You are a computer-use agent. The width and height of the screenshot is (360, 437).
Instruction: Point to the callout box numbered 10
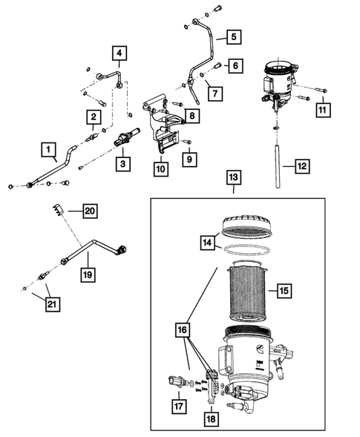pos(161,169)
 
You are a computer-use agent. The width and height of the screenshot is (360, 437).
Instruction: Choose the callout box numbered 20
pos(90,211)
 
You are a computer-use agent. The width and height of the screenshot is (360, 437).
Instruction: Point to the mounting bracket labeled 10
pos(161,126)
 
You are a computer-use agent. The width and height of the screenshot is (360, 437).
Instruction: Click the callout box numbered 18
pos(212,419)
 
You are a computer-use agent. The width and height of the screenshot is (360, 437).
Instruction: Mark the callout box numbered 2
pos(94,116)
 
